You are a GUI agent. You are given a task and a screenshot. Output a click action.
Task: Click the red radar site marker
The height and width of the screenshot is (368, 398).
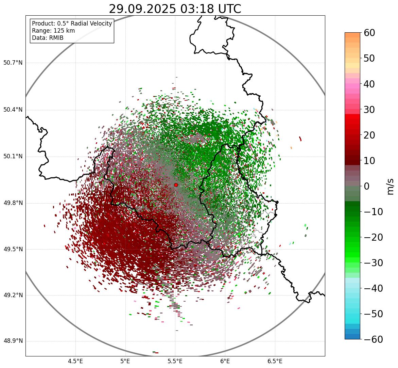(176, 185)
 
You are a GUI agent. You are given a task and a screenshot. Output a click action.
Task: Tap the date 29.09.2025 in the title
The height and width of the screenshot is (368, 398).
(142, 9)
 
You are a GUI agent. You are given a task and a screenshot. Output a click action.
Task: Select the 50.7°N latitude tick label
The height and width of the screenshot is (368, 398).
(13, 63)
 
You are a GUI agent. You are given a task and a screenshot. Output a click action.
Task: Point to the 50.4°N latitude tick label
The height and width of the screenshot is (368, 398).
(13, 110)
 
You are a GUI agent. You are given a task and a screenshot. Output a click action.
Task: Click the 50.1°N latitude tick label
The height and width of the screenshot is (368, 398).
(13, 157)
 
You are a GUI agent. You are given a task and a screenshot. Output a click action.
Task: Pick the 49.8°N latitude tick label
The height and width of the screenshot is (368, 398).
(13, 203)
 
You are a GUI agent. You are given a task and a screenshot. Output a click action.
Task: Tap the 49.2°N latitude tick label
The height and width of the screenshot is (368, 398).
(13, 295)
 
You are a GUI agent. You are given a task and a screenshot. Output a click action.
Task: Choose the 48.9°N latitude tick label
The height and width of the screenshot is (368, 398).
(13, 341)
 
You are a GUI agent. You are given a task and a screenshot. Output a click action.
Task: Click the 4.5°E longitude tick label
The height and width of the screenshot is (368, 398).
(75, 361)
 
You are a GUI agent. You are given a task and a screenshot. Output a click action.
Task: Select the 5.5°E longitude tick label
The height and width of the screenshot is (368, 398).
(175, 361)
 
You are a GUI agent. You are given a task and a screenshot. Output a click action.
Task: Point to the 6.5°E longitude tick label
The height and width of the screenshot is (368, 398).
(275, 361)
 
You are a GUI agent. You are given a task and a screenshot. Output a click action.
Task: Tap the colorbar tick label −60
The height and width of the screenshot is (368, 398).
(373, 339)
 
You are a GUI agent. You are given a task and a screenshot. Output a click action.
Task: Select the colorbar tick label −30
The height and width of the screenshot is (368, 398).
(373, 263)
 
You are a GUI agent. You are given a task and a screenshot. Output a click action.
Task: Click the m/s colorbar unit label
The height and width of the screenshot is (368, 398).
(391, 186)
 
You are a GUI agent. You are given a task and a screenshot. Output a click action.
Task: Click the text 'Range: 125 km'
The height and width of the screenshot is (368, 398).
(53, 31)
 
